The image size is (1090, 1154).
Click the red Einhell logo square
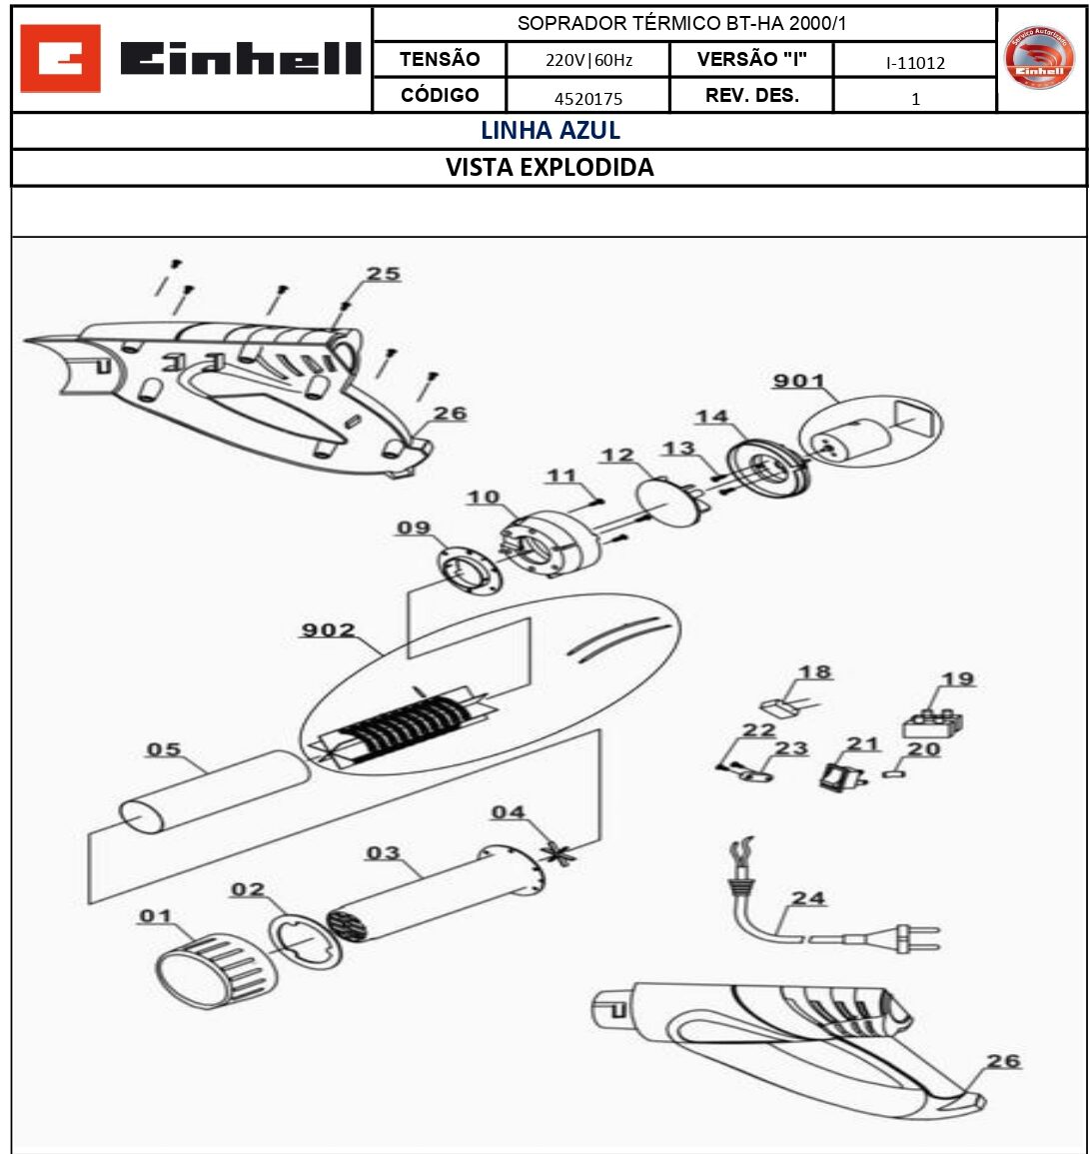(60, 59)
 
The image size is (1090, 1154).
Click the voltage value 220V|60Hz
(588, 60)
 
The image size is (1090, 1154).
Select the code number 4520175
(588, 98)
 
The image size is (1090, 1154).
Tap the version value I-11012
(915, 63)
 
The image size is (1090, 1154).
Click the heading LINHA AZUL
(550, 131)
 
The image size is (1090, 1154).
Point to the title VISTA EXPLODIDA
(549, 168)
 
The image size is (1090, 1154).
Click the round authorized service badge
(1040, 59)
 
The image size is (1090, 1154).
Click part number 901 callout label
(798, 382)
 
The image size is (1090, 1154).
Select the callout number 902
(328, 630)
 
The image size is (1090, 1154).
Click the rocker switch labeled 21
(831, 775)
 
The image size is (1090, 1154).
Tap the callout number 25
(383, 274)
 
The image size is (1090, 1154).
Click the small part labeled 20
(893, 772)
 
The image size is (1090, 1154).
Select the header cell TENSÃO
(440, 59)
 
